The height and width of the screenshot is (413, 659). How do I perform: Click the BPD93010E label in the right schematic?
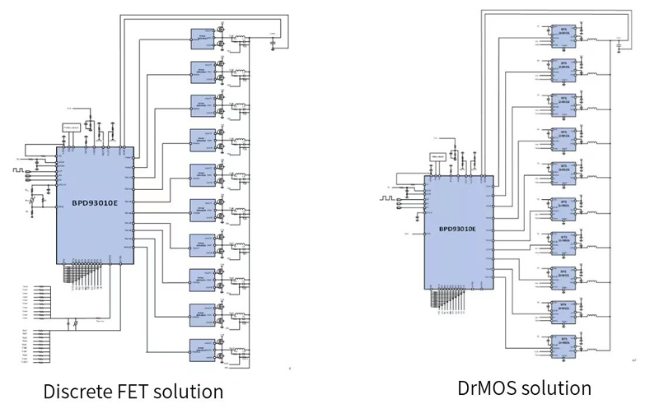click(456, 228)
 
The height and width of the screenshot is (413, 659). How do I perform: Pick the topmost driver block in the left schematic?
click(201, 37)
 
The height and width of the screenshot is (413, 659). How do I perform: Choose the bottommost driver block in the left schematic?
click(201, 346)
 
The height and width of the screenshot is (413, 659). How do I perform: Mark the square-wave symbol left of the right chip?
click(387, 198)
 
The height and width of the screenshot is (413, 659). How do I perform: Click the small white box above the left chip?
click(72, 128)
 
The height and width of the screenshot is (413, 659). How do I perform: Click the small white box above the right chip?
click(437, 156)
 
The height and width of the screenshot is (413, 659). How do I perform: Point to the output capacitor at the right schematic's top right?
click(619, 40)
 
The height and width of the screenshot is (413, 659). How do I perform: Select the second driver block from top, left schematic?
click(201, 72)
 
